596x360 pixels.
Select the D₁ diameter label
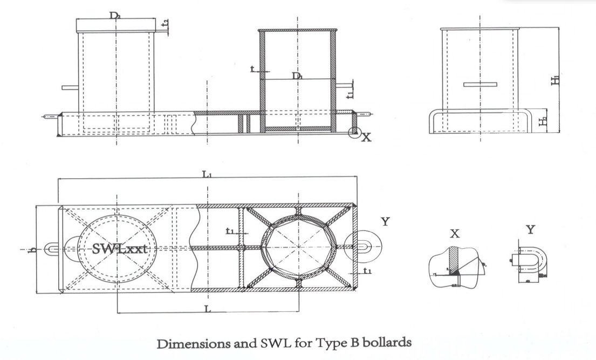coord(297,76)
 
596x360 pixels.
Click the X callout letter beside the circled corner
coord(366,138)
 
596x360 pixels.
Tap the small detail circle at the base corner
coord(354,132)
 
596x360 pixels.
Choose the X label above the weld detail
coord(455,234)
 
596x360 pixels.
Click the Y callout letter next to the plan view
coord(384,222)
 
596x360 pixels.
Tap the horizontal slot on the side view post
coord(479,84)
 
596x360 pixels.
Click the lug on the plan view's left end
coord(52,249)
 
